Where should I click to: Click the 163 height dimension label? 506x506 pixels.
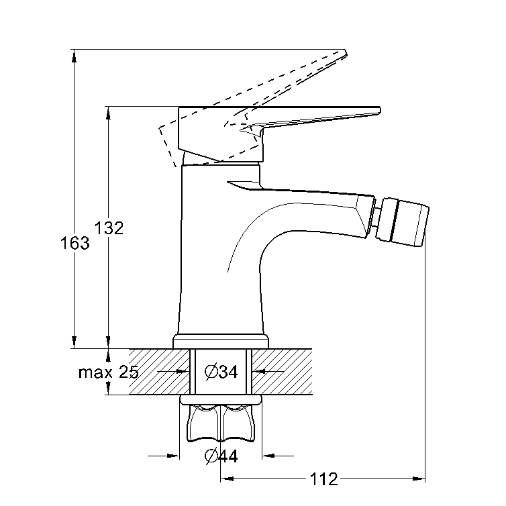click(x=75, y=243)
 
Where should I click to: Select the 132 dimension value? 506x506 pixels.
click(x=109, y=228)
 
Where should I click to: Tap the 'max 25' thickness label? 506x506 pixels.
click(x=109, y=372)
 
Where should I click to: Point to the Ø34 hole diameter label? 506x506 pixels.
click(x=221, y=372)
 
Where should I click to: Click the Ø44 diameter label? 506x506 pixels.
click(x=221, y=456)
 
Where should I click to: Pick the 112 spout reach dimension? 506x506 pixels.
click(x=323, y=479)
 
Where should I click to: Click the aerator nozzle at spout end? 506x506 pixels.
click(x=404, y=223)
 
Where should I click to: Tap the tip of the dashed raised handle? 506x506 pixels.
click(x=345, y=52)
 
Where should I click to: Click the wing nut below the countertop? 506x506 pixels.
click(x=221, y=423)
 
